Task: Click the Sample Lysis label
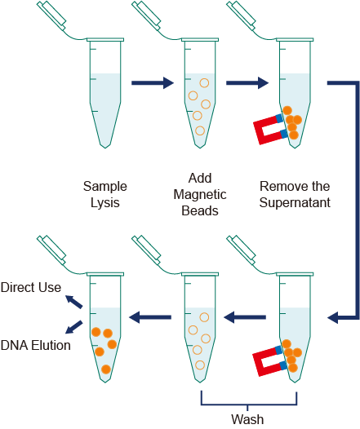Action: (104, 193)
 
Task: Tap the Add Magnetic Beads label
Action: (200, 193)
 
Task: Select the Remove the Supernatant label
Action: (295, 193)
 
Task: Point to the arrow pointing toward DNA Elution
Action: (74, 326)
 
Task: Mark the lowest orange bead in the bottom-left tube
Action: (105, 369)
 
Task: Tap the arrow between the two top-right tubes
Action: (247, 82)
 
